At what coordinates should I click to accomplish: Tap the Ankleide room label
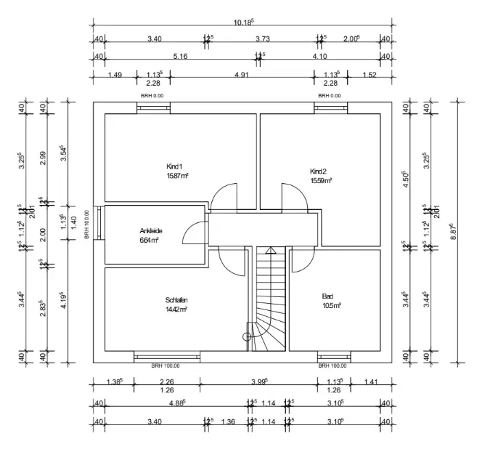click(x=150, y=231)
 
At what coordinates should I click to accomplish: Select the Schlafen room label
click(x=176, y=299)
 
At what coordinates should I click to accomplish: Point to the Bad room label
click(x=327, y=296)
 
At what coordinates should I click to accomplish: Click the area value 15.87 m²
click(x=177, y=176)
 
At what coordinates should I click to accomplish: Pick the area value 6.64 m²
click(x=150, y=240)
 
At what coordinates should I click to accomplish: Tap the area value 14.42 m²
click(x=176, y=309)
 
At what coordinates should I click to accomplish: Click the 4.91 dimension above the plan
click(x=242, y=74)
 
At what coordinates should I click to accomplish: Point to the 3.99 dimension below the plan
click(x=258, y=381)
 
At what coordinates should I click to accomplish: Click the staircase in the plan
click(x=271, y=298)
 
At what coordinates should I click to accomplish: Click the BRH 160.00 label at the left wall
click(x=86, y=225)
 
